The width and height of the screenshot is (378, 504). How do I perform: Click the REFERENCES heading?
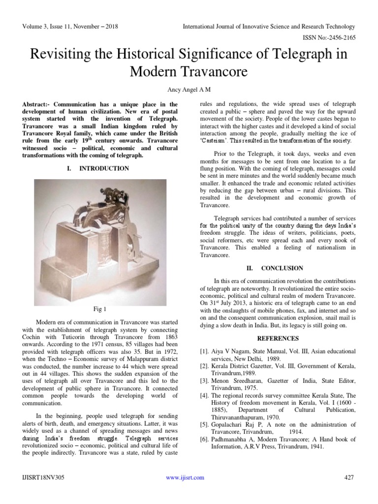278,339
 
